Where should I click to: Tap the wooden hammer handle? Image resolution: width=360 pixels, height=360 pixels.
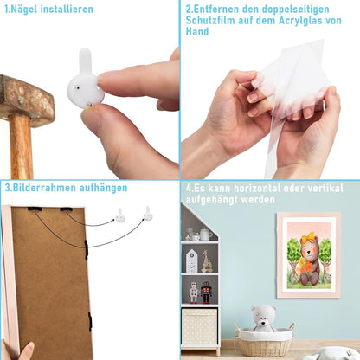pyautogui.click(x=21, y=147)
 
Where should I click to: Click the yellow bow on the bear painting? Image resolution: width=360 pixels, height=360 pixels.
pyautogui.click(x=308, y=237)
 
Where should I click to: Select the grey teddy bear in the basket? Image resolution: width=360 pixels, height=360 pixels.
pyautogui.click(x=263, y=319)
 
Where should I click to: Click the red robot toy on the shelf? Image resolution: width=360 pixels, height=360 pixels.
pyautogui.click(x=206, y=292)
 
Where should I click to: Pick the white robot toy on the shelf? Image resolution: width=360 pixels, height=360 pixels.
pyautogui.click(x=194, y=292)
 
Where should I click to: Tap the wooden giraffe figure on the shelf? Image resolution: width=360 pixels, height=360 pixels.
pyautogui.click(x=207, y=261)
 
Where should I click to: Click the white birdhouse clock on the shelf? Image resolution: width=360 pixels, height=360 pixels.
pyautogui.click(x=191, y=261)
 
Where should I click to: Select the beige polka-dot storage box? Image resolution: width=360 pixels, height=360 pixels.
pyautogui.click(x=199, y=327)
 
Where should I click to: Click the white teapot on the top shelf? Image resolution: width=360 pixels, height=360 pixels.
pyautogui.click(x=205, y=234)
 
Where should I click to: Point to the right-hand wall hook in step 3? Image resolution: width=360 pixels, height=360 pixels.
pyautogui.click(x=148, y=214)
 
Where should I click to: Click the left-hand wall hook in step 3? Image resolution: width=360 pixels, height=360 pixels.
pyautogui.click(x=120, y=215)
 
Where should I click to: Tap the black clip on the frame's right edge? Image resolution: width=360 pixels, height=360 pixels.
pyautogui.click(x=87, y=249)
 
